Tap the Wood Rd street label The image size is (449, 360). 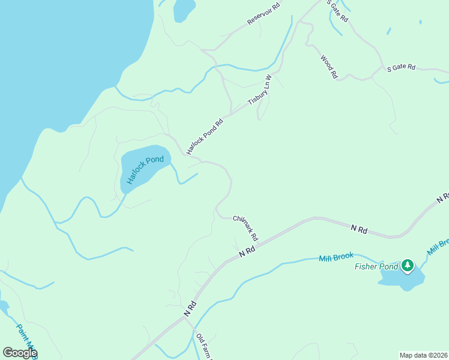(328, 67)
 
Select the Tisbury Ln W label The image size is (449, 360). (259, 91)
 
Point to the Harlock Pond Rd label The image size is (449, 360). (205, 136)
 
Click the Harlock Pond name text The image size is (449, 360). (144, 170)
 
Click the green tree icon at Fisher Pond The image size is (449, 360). (408, 265)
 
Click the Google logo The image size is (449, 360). (20, 353)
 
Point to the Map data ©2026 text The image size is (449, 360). (423, 355)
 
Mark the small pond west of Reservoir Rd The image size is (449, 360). (183, 10)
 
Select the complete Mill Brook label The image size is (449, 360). (336, 256)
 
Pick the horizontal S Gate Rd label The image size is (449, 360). (401, 68)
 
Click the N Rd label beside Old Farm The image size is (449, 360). (190, 310)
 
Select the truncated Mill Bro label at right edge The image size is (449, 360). (438, 247)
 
